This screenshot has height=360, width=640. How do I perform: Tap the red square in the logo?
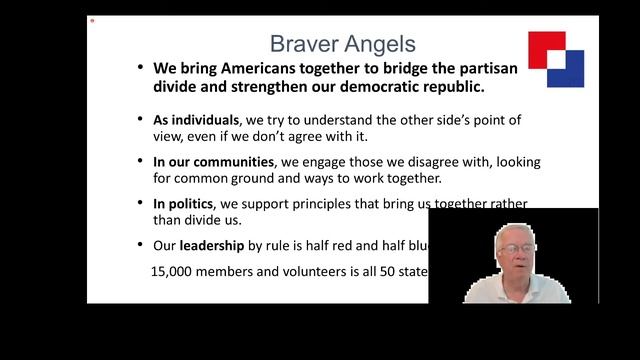(546, 47)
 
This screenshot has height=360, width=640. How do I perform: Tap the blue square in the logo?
(567, 68)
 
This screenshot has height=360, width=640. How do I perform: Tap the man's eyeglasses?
(515, 248)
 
